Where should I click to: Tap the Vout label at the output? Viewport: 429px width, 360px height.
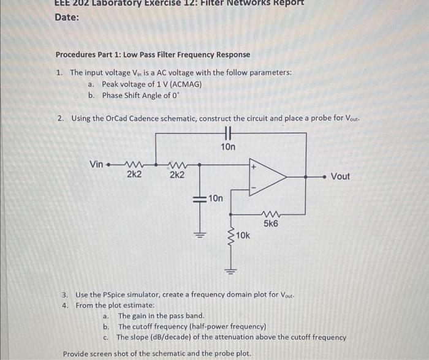click(x=340, y=176)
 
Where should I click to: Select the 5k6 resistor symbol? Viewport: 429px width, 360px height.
click(x=270, y=214)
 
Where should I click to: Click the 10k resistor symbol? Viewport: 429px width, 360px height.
click(x=231, y=236)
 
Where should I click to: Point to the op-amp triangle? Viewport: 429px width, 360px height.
click(x=267, y=176)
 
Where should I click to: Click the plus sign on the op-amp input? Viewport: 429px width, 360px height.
click(x=252, y=165)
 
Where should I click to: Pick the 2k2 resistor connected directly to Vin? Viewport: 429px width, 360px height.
click(x=133, y=164)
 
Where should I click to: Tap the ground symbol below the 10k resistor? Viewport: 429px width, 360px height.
click(x=231, y=271)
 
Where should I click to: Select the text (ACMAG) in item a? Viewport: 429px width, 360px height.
click(x=186, y=84)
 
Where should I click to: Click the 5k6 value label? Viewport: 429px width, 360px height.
click(x=271, y=224)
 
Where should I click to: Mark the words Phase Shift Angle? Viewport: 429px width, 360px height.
click(x=131, y=95)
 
